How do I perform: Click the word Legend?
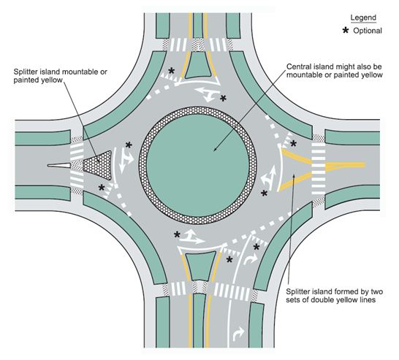363,18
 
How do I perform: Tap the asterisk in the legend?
346,31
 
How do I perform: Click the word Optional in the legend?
368,31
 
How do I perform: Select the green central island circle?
198,165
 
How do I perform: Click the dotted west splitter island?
99,165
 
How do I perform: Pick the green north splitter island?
198,65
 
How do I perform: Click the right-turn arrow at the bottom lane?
238,334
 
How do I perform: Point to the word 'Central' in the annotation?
297,66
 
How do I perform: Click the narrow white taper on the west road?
58,165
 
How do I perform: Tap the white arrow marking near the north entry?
208,93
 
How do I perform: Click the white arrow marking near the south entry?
191,237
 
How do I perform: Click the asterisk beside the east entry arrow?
264,194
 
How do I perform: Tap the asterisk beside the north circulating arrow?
223,98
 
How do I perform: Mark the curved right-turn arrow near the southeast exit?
251,259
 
